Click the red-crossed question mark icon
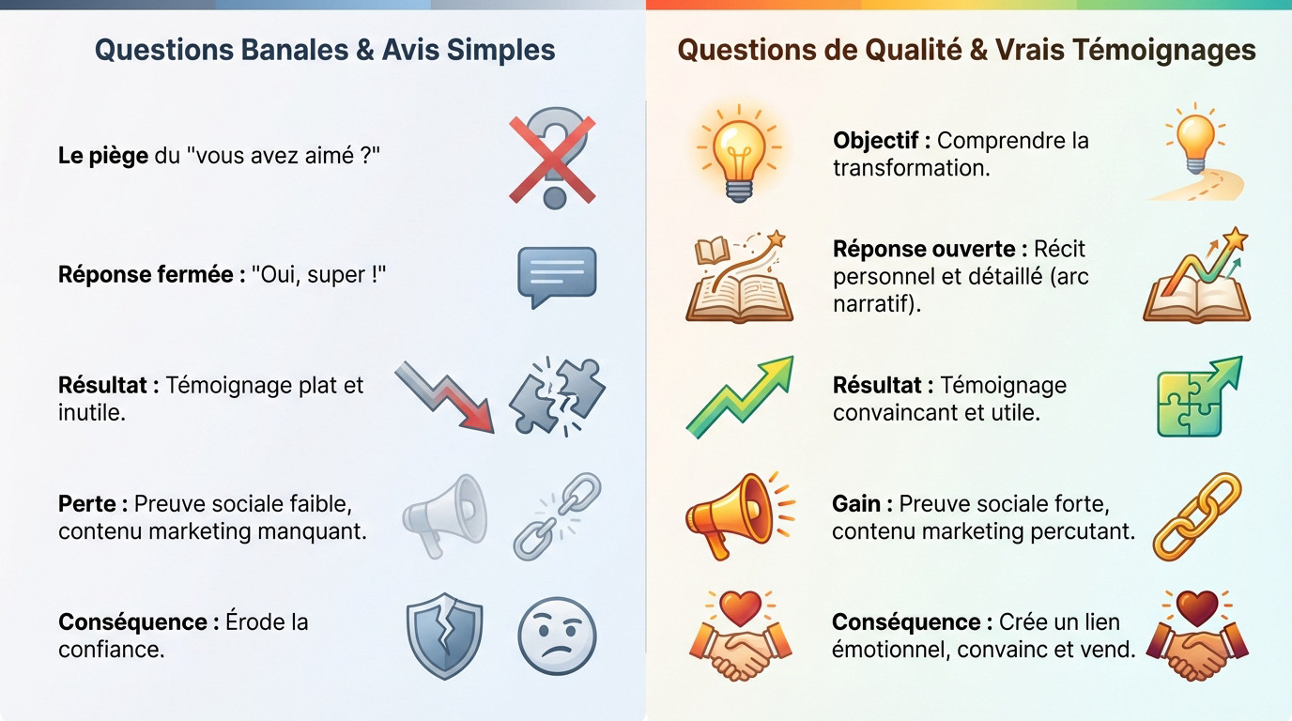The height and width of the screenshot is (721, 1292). tap(553, 157)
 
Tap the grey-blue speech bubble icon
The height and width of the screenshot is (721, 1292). tap(557, 276)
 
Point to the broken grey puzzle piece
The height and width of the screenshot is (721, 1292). tap(557, 396)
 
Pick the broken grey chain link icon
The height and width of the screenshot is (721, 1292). tap(557, 515)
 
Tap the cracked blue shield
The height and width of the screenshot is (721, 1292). tap(444, 637)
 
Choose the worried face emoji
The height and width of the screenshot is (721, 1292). tap(557, 637)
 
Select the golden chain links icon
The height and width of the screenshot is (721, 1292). tap(1196, 515)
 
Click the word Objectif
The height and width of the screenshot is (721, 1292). tap(875, 141)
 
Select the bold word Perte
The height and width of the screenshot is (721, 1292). tap(87, 504)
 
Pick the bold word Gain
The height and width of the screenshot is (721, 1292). tap(855, 504)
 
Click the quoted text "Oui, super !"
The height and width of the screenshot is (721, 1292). tap(319, 275)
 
